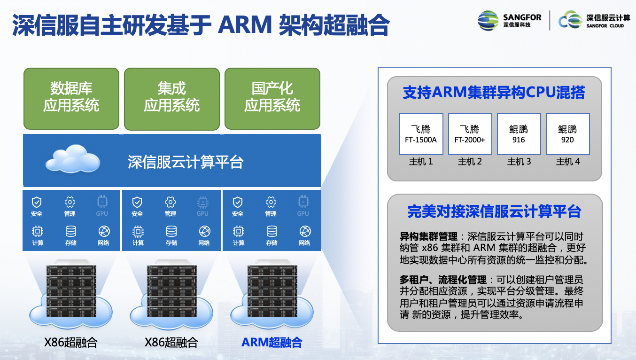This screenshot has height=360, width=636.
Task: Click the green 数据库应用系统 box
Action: coord(71,99)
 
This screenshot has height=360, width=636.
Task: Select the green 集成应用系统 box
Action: coord(172,99)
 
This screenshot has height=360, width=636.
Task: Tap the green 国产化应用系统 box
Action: coord(272,99)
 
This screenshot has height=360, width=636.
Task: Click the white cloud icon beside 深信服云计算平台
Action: coord(72,159)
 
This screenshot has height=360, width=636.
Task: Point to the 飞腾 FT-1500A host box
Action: coord(421,134)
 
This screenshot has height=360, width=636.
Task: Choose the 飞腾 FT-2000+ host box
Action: coord(470,134)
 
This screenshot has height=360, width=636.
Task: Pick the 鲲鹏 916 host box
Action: coord(519,134)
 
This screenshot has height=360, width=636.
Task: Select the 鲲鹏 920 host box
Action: coord(567,134)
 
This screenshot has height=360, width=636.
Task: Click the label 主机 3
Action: coord(519,162)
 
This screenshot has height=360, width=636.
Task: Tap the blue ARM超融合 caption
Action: coord(271,343)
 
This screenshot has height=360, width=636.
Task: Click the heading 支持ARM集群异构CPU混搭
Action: coord(494,93)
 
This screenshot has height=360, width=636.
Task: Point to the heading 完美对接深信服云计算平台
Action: coord(494,211)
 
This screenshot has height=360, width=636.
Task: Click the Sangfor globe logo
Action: coord(488,21)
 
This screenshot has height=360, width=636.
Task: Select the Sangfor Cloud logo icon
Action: coord(570,21)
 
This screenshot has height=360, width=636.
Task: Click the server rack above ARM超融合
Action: coord(272,291)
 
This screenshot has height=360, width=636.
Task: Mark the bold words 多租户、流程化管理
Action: coord(443,280)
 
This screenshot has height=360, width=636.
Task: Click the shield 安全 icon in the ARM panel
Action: coord(238,203)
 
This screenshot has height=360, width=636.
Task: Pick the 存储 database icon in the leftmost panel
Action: coord(71,231)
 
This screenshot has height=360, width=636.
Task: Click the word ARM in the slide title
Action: coord(245,25)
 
